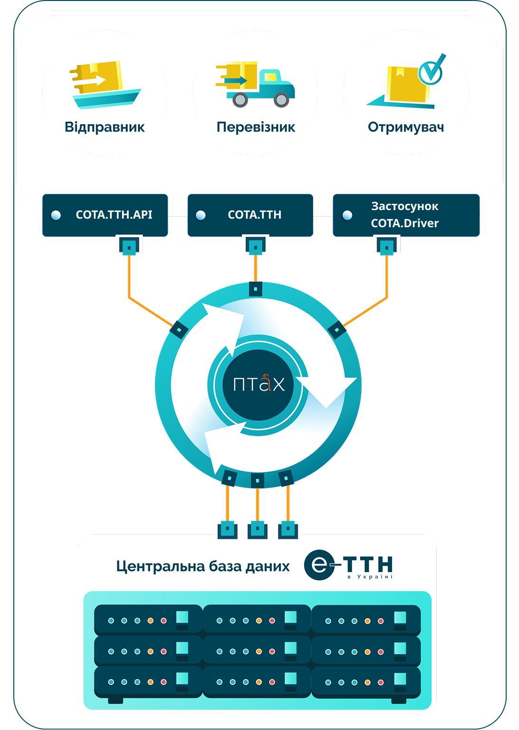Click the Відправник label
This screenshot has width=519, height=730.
[x=105, y=127]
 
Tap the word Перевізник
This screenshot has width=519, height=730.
[x=256, y=127]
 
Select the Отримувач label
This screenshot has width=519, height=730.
[x=406, y=127]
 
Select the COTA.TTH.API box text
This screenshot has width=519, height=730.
[x=114, y=215]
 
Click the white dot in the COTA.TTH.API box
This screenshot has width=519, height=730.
[x=56, y=215]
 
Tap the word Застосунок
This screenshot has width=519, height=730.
[x=405, y=206]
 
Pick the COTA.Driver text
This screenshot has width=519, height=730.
[x=405, y=223]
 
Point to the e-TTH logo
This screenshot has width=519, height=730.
[x=349, y=565]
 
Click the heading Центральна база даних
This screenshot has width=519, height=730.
[x=203, y=567]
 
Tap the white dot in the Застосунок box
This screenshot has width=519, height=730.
[x=347, y=215]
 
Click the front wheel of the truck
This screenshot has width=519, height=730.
[x=281, y=100]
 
